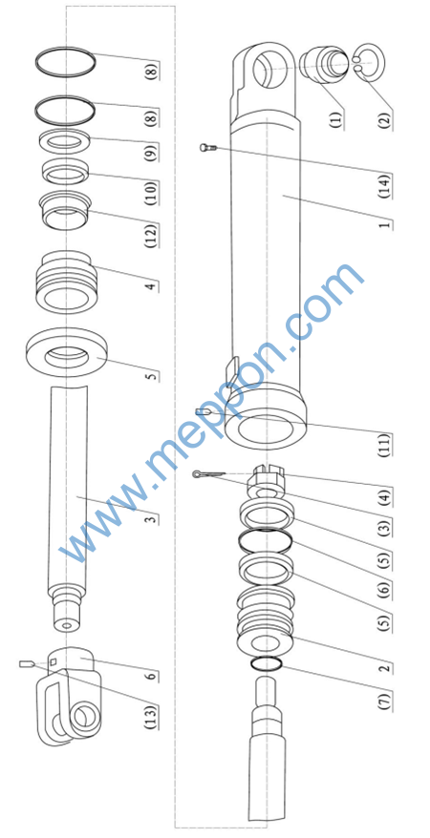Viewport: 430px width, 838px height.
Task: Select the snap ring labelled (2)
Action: click(x=369, y=61)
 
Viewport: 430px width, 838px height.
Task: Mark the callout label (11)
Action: click(x=385, y=445)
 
